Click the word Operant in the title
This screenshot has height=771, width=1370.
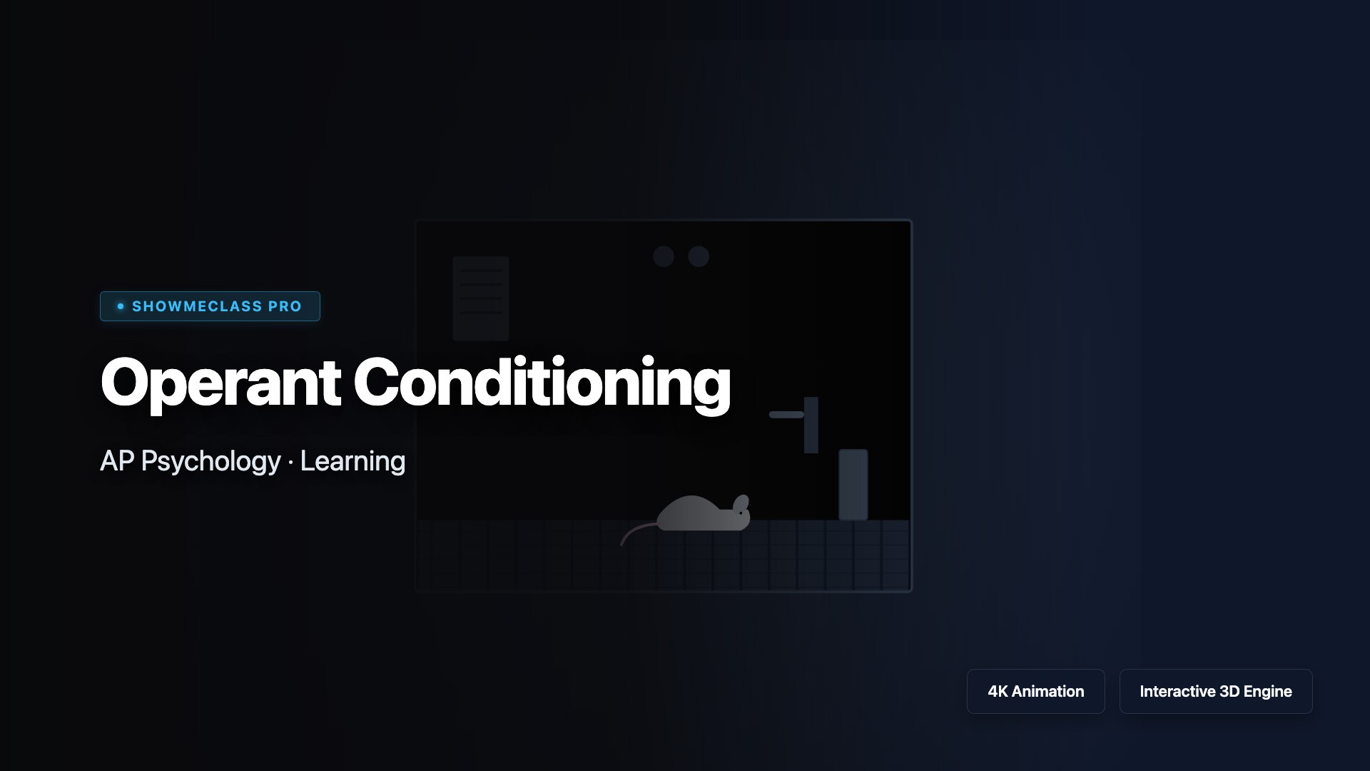tap(220, 383)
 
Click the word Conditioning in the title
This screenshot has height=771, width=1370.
tap(542, 383)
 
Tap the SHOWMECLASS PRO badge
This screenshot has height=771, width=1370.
tap(210, 306)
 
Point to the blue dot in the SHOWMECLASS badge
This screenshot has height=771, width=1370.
tap(121, 306)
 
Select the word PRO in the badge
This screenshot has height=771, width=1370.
tap(285, 306)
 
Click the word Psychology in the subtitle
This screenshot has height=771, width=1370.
tap(210, 462)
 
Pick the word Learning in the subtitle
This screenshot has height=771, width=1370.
tap(352, 462)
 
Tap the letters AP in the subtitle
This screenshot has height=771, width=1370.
tap(117, 460)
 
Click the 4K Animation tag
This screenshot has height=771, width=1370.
tap(1035, 691)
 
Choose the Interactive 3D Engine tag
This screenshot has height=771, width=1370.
tap(1215, 691)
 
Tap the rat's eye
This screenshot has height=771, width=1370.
tap(741, 512)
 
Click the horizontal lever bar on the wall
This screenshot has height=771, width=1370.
tap(786, 415)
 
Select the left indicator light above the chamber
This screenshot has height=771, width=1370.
tap(664, 256)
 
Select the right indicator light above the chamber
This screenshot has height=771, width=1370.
tap(699, 256)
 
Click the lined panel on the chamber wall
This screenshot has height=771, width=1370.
tap(481, 298)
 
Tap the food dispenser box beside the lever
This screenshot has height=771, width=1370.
tap(853, 485)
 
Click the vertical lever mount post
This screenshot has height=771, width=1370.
tap(811, 425)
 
